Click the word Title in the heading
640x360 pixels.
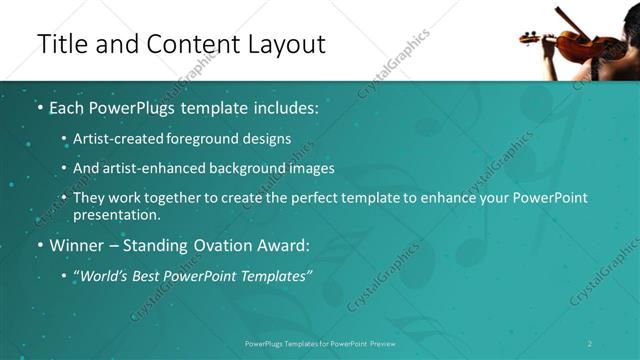pyautogui.click(x=61, y=45)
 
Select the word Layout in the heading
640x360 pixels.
pyautogui.click(x=285, y=45)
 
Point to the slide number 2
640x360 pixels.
pyautogui.click(x=590, y=344)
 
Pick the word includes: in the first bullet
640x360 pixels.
pyautogui.click(x=282, y=107)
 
